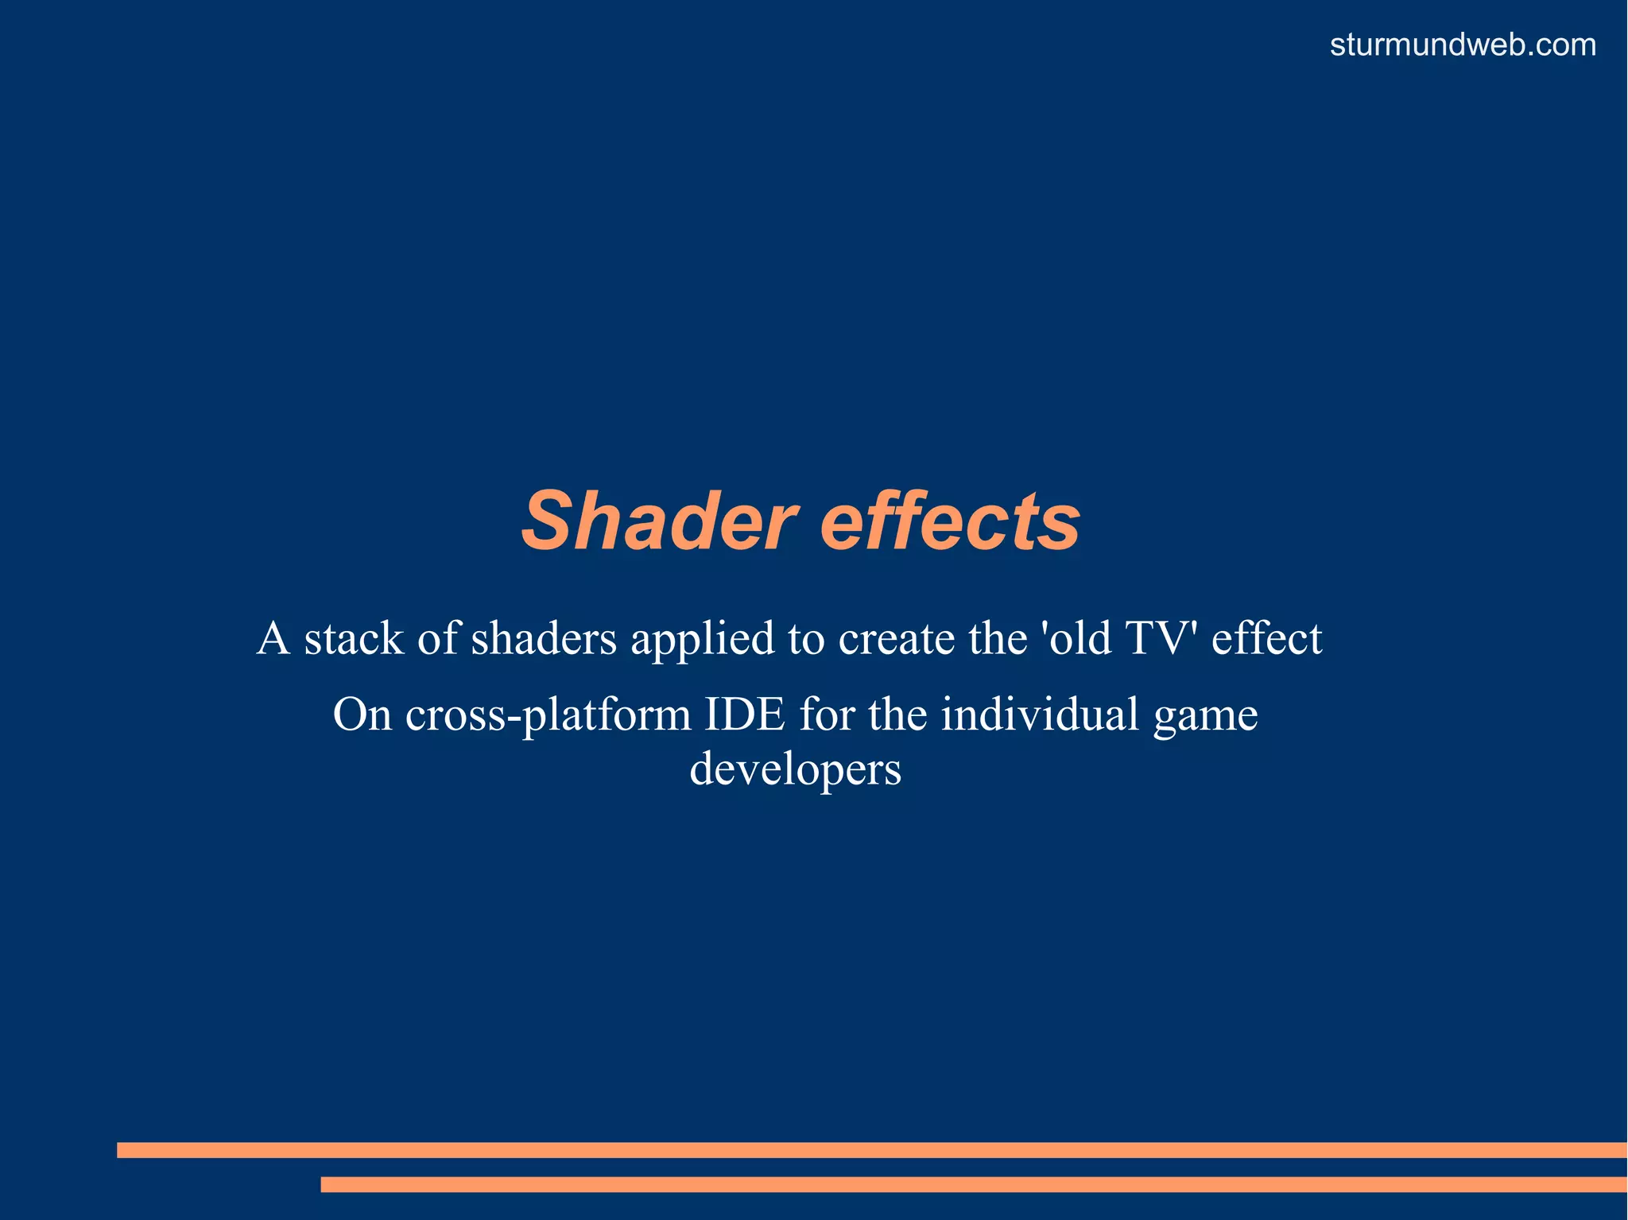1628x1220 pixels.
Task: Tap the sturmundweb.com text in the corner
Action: click(1463, 45)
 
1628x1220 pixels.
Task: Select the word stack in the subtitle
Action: click(354, 639)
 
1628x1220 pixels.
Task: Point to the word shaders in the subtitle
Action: click(544, 639)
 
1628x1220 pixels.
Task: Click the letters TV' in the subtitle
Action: click(1161, 638)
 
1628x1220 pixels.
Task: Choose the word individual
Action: click(1040, 714)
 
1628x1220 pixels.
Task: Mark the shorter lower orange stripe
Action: click(973, 1184)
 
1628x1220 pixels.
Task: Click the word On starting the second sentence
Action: click(362, 714)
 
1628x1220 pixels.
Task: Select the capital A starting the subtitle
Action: click(273, 638)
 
